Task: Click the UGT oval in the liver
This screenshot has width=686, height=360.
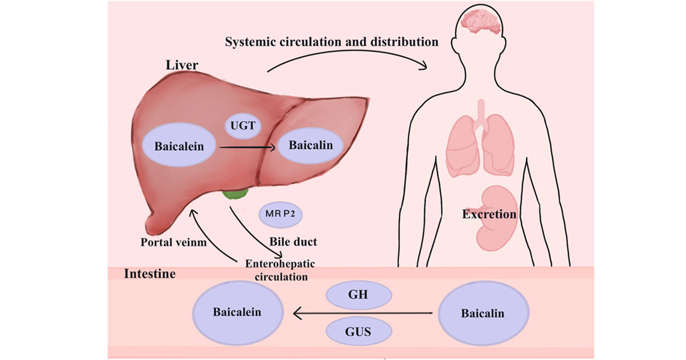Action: pos(243,126)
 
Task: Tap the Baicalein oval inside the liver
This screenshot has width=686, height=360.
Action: pos(179,145)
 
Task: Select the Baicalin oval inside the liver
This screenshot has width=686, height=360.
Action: pos(311,145)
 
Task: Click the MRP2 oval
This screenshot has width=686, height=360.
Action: pos(281,215)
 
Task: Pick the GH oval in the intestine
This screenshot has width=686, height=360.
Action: pos(359,295)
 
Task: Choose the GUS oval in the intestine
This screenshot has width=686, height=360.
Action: pos(359,331)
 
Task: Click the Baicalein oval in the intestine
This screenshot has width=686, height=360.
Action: pos(238,312)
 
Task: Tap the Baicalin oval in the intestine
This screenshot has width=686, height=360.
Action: pos(483,313)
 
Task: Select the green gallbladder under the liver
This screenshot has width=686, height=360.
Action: pos(236,194)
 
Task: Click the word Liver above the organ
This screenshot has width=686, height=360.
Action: pos(182,65)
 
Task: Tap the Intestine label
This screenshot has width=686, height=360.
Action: pos(150,274)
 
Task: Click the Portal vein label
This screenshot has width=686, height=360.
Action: pos(173,242)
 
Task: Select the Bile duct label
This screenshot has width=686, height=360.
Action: pos(293,241)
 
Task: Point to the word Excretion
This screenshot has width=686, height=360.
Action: pos(489,214)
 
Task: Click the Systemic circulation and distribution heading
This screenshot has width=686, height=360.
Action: pos(332,42)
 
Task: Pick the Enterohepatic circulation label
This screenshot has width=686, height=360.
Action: pos(281,270)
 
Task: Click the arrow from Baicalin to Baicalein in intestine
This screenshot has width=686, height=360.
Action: pos(363,313)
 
